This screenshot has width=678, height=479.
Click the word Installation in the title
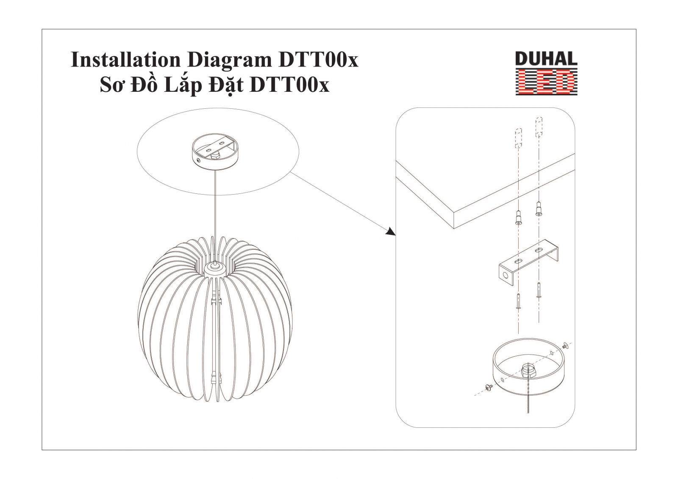[x=125, y=60]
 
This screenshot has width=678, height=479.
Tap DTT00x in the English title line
[x=318, y=60]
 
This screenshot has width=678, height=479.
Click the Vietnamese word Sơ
[x=112, y=85]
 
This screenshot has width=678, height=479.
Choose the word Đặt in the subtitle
[x=226, y=85]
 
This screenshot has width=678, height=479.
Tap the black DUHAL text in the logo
[x=546, y=59]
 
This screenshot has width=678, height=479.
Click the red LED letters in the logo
[x=546, y=82]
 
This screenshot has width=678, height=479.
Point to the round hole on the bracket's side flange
[x=505, y=275]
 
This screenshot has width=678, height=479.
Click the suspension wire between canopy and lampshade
[x=215, y=215]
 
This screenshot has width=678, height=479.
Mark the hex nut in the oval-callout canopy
[x=215, y=155]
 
